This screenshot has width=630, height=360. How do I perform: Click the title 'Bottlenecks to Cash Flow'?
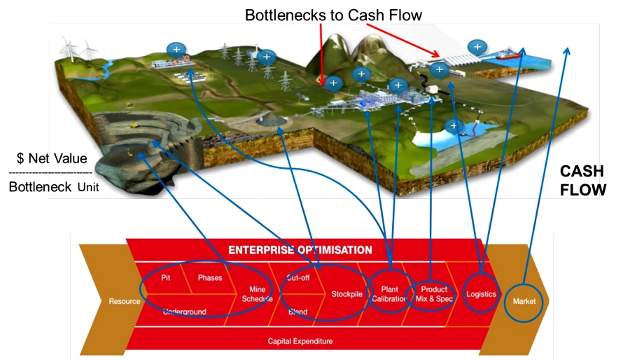333,14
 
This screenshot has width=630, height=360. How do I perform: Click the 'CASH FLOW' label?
582,181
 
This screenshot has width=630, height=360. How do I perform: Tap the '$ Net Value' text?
52,159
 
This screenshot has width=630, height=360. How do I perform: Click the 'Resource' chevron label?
124,301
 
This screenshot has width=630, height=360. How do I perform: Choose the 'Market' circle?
524,301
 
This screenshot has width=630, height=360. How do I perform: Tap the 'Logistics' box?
481,294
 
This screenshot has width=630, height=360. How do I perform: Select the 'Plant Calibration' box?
389,294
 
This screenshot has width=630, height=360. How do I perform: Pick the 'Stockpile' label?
346,294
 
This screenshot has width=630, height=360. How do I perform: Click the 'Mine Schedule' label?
257,294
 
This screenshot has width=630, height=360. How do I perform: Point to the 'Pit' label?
166,277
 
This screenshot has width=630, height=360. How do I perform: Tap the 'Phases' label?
209,277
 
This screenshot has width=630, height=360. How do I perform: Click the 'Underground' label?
184,312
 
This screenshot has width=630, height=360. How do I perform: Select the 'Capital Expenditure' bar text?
300,341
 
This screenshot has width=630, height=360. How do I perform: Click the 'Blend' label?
298,312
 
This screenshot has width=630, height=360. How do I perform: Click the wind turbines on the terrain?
78,50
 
